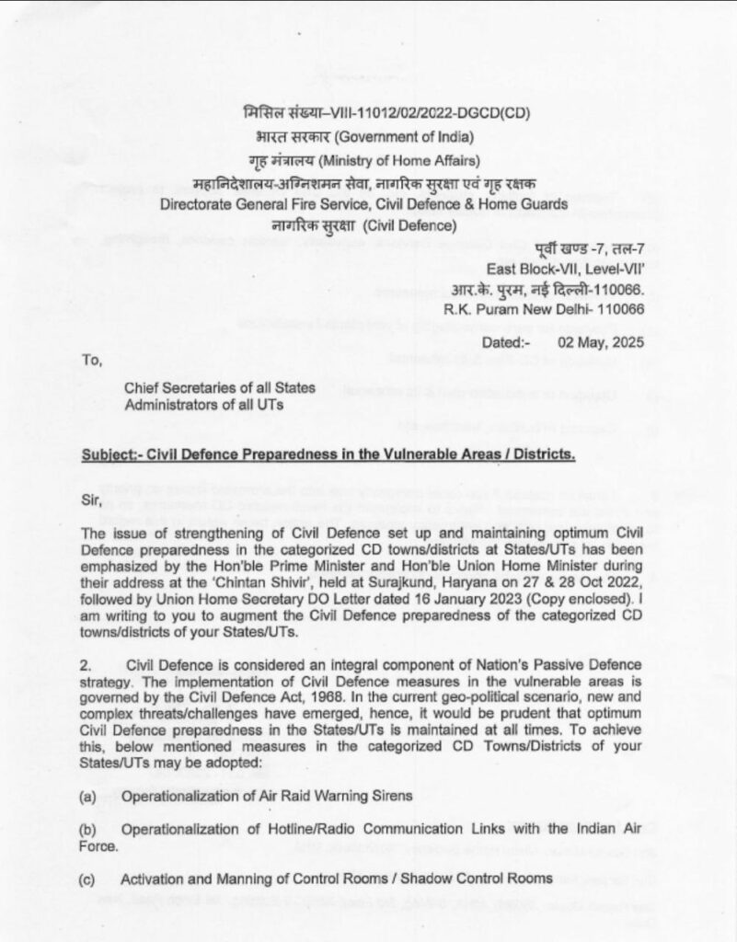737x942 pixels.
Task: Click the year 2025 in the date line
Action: (x=626, y=342)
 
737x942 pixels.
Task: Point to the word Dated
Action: (x=503, y=342)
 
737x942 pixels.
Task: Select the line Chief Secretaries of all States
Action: (x=219, y=389)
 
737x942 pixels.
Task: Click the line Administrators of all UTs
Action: (x=204, y=406)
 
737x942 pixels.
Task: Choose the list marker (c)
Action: (x=88, y=879)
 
